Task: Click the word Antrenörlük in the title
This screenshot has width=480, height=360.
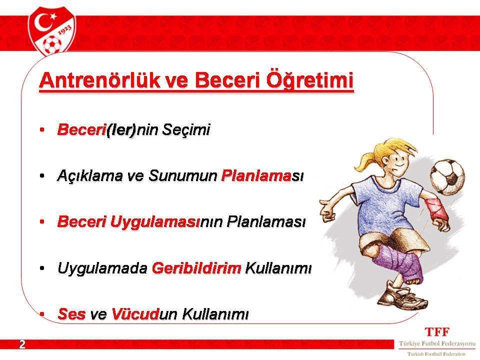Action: point(100,80)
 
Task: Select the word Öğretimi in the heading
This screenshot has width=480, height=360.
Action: point(310,79)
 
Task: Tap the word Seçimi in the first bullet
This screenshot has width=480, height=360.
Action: point(186,129)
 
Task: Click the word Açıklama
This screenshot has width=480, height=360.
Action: point(89,175)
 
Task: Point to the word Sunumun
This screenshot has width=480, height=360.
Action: point(183,175)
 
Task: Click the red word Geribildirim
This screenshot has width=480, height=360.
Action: point(196,268)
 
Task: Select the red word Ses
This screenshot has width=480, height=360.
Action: point(71,314)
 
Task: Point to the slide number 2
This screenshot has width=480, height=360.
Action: point(22,344)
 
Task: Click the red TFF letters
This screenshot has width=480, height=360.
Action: point(437,332)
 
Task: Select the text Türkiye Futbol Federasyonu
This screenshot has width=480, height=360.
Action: point(437,344)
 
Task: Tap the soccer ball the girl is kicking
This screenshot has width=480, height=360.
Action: point(447,176)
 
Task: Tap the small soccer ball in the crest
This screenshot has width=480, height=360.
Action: point(51,44)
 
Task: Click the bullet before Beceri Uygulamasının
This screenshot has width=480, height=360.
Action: point(42,222)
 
